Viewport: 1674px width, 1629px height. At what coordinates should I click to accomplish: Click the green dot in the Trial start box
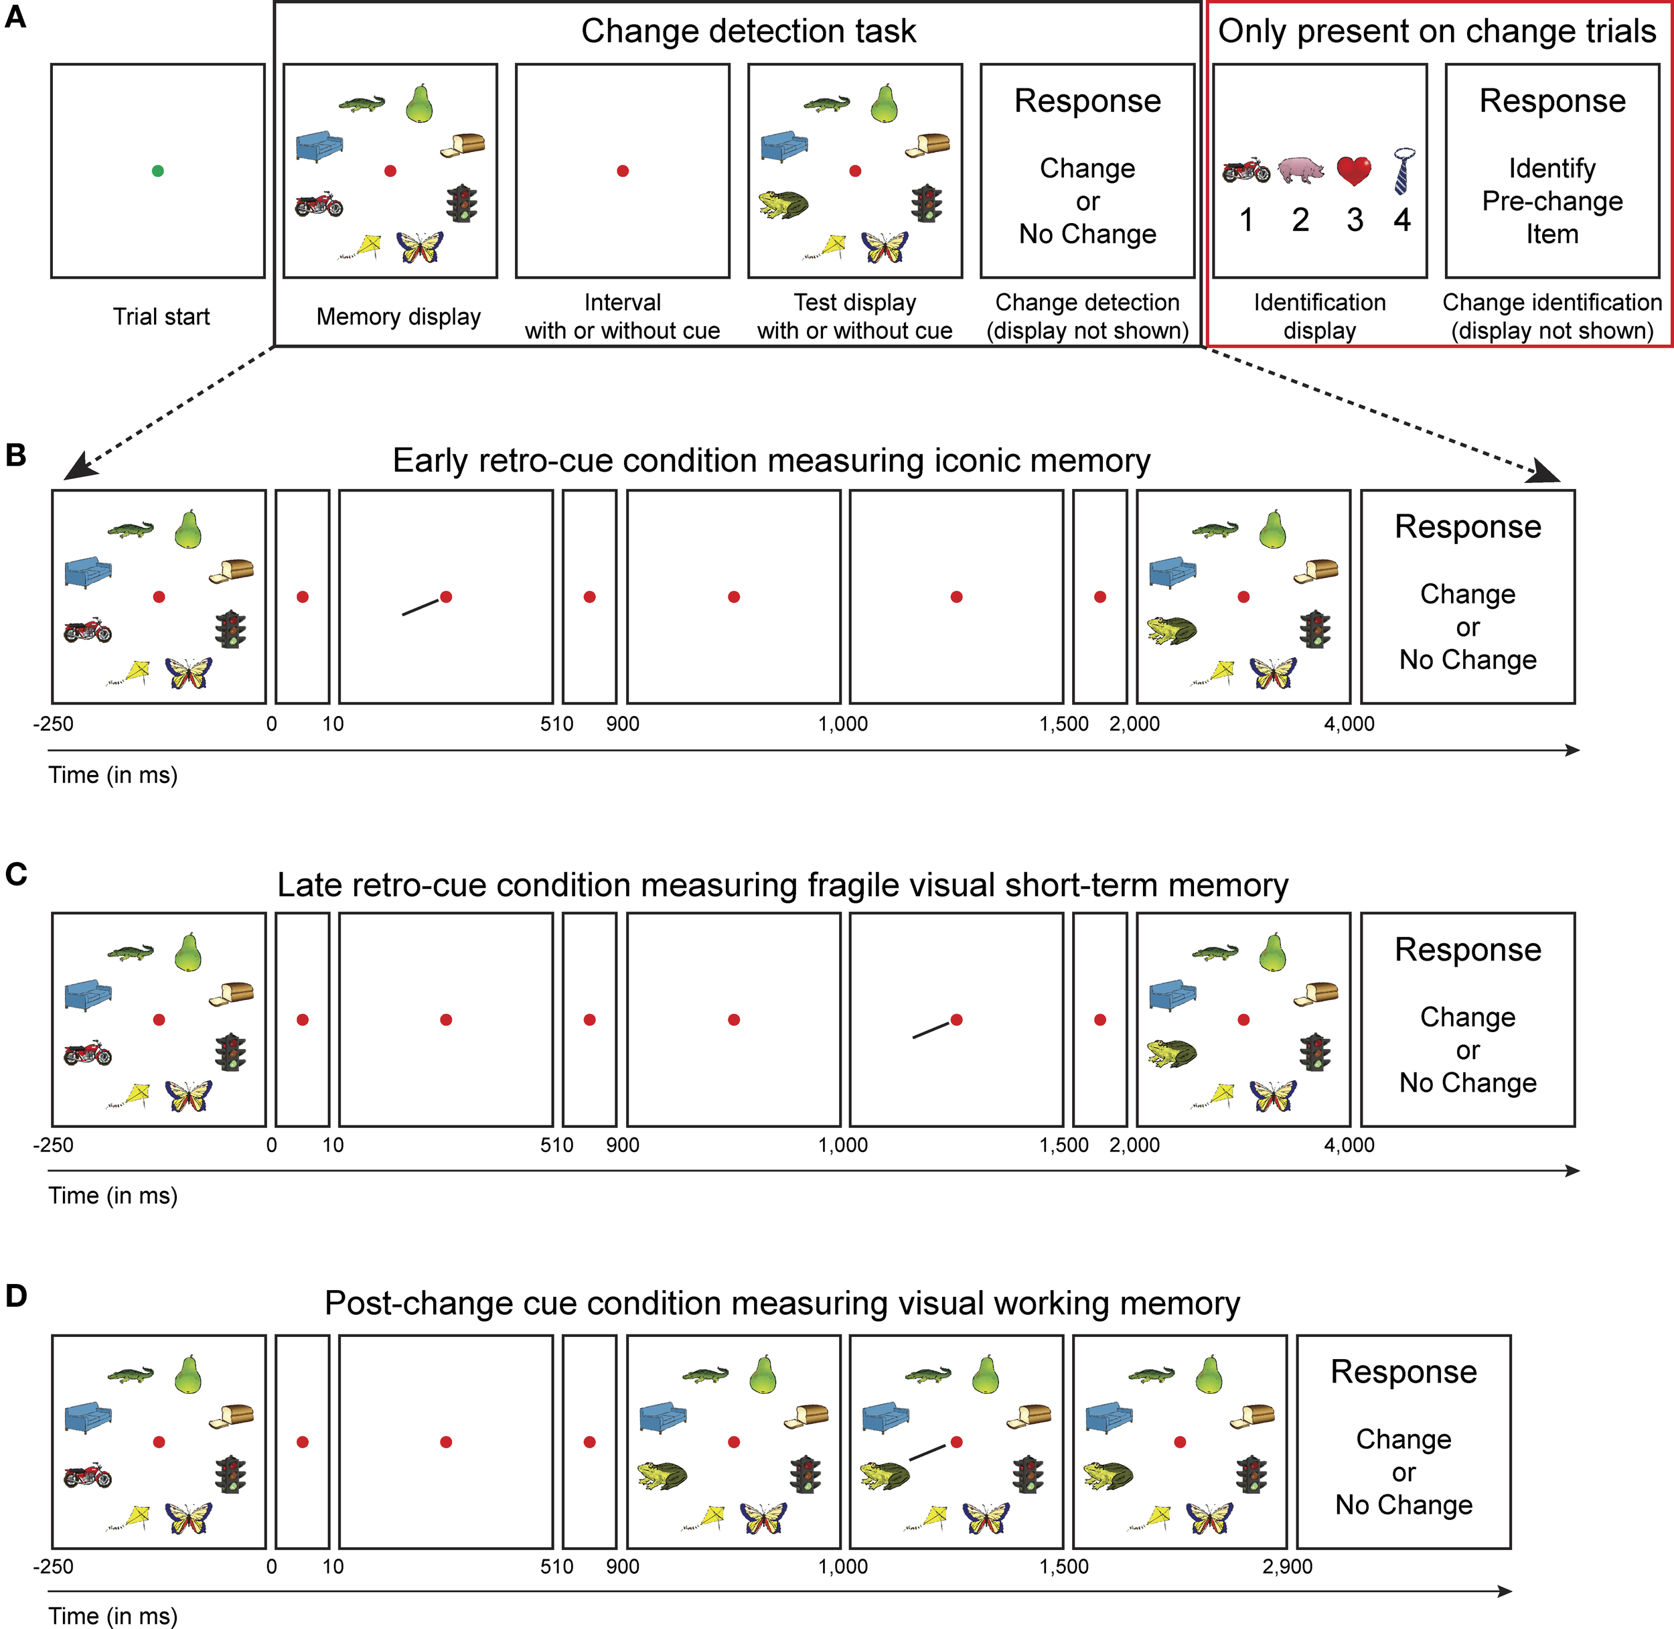point(157,171)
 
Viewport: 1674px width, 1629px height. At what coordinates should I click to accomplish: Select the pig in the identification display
point(1300,170)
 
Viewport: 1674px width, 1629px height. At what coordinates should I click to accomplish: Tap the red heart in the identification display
point(1354,170)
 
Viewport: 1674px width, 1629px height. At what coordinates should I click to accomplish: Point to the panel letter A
point(15,17)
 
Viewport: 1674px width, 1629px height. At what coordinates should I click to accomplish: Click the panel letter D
point(15,1296)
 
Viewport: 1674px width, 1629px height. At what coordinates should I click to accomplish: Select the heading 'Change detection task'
point(749,31)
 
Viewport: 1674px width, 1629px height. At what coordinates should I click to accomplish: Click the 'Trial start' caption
point(161,317)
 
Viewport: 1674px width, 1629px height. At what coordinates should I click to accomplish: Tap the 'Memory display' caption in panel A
point(398,317)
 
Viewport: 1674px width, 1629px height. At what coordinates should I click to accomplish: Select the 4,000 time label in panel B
point(1349,724)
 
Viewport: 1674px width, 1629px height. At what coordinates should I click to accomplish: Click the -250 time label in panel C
point(53,1145)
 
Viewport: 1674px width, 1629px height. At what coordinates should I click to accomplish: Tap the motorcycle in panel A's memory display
point(318,206)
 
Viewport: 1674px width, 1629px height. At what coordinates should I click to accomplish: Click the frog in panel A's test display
point(783,204)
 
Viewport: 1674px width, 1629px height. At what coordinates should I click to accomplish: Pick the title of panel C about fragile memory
point(782,885)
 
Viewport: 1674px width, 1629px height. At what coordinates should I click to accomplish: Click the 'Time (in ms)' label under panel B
point(113,775)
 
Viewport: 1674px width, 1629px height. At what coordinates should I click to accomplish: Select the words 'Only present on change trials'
point(1437,31)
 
